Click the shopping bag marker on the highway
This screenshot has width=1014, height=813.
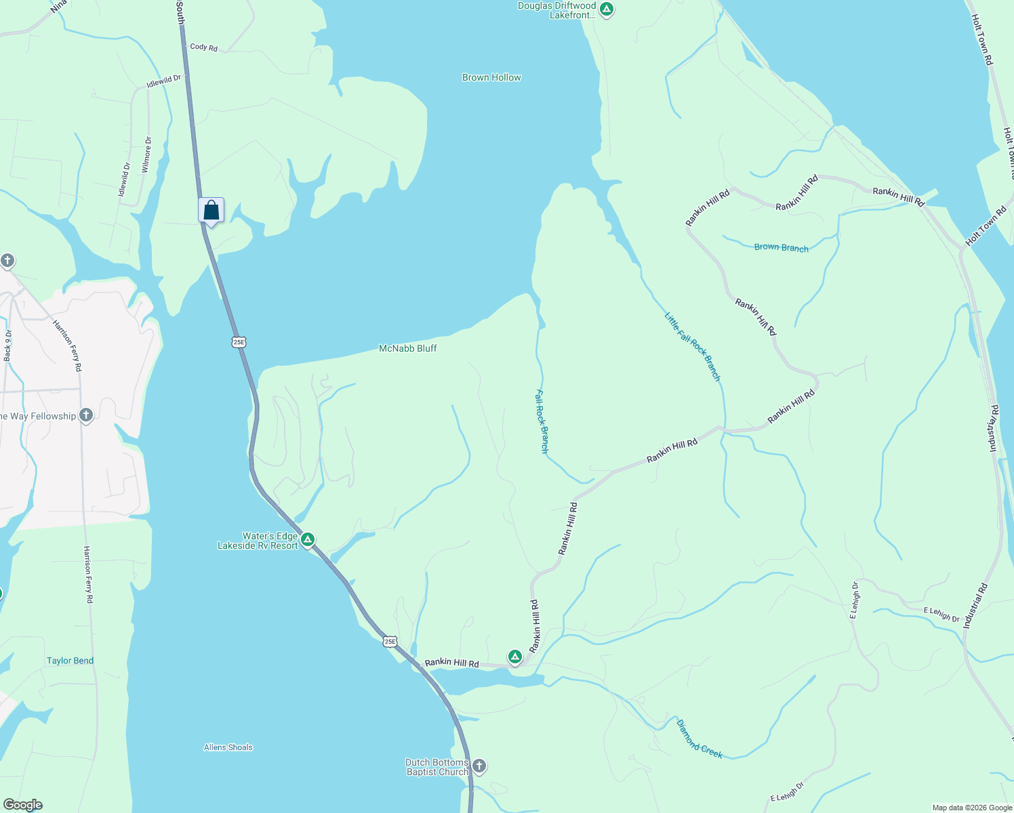pyautogui.click(x=211, y=211)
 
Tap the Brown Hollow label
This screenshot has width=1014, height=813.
pyautogui.click(x=491, y=78)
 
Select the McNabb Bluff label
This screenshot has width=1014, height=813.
pyautogui.click(x=407, y=348)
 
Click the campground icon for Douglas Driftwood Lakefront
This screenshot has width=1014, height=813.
pyautogui.click(x=607, y=9)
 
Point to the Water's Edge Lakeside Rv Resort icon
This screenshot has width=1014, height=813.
pyautogui.click(x=308, y=540)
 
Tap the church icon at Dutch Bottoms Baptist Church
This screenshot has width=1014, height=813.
pyautogui.click(x=479, y=766)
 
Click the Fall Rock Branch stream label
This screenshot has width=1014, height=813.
pyautogui.click(x=542, y=421)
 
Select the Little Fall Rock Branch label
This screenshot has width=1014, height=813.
pyautogui.click(x=692, y=346)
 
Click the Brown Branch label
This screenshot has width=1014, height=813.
pyautogui.click(x=781, y=247)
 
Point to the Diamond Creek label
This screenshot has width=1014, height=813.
pyautogui.click(x=699, y=738)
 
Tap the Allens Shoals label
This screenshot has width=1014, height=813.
pyautogui.click(x=228, y=747)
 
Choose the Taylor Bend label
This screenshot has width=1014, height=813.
pyautogui.click(x=70, y=661)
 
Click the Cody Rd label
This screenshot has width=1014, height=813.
pyautogui.click(x=203, y=47)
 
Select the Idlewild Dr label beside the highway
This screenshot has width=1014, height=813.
pyautogui.click(x=164, y=81)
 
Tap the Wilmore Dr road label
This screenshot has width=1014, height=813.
pyautogui.click(x=147, y=154)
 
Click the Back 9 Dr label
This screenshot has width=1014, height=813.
pyautogui.click(x=8, y=345)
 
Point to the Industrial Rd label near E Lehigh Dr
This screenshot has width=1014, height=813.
pyautogui.click(x=975, y=606)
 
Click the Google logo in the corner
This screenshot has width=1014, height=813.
pyautogui.click(x=22, y=804)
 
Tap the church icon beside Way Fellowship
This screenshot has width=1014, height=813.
pyautogui.click(x=86, y=415)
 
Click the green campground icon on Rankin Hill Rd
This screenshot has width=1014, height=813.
pyautogui.click(x=515, y=656)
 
